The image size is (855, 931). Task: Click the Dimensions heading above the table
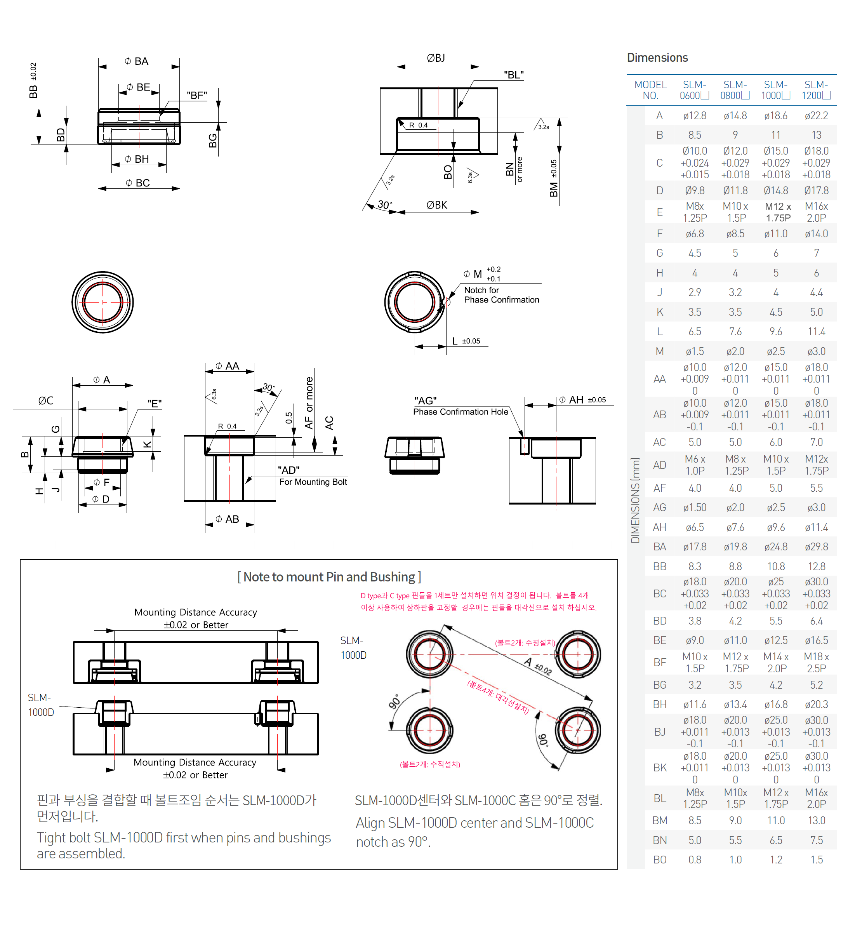click(657, 58)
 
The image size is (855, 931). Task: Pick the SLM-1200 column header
click(816, 90)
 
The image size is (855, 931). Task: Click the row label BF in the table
click(660, 663)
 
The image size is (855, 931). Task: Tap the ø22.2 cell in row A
click(816, 116)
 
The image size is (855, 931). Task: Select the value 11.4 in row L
click(816, 332)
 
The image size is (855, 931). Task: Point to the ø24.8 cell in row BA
click(776, 547)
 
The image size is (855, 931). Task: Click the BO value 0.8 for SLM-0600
click(695, 860)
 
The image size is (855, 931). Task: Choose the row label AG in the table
click(660, 508)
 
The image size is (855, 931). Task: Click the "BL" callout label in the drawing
click(514, 75)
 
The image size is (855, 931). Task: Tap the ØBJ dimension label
click(436, 58)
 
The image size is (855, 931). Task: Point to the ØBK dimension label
click(437, 205)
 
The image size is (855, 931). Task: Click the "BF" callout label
click(196, 95)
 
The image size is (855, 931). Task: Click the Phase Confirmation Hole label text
click(461, 412)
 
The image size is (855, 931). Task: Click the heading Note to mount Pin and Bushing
click(329, 577)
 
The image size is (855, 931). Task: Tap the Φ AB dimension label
click(228, 520)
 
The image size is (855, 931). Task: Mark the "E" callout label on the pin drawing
click(155, 404)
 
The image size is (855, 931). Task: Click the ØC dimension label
click(45, 401)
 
